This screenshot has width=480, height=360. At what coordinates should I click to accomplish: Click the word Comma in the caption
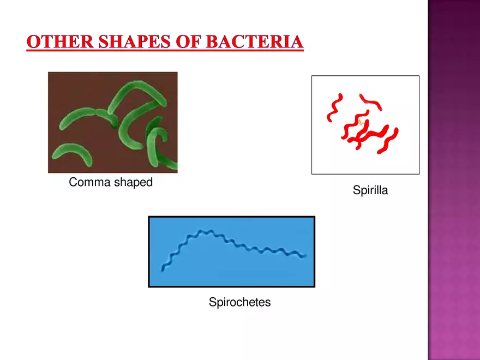click(x=89, y=183)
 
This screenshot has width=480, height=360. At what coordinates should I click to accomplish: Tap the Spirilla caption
click(x=370, y=191)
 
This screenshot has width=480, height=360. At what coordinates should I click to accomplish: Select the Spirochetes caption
click(x=239, y=302)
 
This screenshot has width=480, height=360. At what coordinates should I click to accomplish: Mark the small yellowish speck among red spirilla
click(x=361, y=123)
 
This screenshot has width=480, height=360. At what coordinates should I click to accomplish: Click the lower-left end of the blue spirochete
click(x=163, y=269)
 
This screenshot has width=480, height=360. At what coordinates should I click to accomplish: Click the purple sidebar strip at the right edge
click(x=454, y=180)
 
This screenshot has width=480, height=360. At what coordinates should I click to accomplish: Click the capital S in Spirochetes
click(x=212, y=302)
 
